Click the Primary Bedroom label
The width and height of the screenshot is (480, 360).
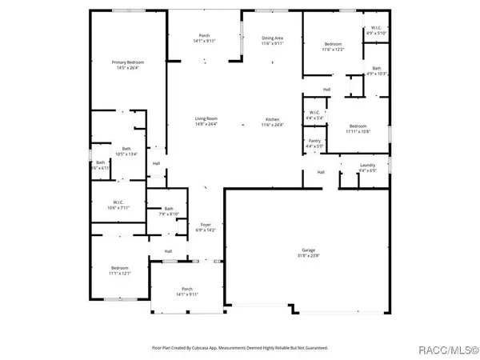126,62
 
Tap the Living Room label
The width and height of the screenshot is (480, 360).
206,118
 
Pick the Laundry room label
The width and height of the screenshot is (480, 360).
367,166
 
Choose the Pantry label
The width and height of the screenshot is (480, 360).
314,141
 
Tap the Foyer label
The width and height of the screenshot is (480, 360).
205,225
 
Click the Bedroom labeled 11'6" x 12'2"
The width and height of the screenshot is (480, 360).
334,44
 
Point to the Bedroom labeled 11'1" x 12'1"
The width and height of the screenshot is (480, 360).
120,268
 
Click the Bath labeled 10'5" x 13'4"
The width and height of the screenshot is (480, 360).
126,148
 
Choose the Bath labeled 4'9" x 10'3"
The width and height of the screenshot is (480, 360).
376,68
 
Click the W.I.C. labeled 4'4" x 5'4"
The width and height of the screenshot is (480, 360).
314,112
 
